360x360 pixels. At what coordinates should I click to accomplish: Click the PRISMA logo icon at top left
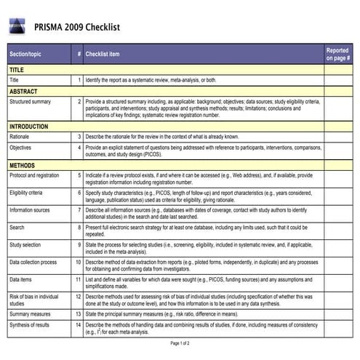coord(17,28)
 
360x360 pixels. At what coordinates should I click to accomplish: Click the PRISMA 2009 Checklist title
coord(76,28)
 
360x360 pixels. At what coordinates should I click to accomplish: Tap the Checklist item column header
coord(102,54)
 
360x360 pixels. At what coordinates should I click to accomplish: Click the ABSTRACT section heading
coord(24,92)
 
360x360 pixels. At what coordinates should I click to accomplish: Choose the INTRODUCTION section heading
coord(29,127)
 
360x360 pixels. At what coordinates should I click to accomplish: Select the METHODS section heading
coord(23,165)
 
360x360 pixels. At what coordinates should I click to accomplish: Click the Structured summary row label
coord(30,102)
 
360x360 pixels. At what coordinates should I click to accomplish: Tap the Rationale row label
coord(20,136)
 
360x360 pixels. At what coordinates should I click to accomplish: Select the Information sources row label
coord(31,209)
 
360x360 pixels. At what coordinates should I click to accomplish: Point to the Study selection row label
coord(25,244)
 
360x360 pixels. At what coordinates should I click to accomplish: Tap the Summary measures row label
coord(30,313)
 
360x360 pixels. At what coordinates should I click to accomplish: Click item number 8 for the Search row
coord(79,227)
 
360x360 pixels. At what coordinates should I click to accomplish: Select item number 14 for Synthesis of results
coord(78,324)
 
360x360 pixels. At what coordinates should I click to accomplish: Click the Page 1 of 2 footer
coord(180,343)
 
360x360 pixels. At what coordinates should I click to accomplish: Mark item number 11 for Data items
coord(78,279)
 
